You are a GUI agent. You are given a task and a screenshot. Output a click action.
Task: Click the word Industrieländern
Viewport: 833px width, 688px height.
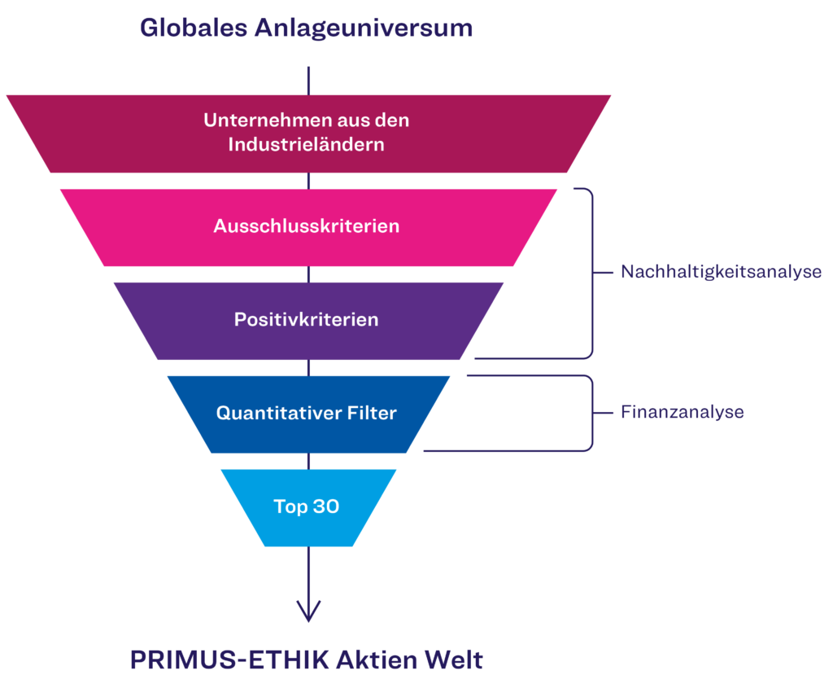coord(306,145)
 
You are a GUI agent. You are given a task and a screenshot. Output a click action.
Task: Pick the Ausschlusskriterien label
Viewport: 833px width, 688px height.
coord(306,226)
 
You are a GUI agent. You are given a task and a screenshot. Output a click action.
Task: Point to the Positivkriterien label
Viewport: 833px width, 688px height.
coord(306,319)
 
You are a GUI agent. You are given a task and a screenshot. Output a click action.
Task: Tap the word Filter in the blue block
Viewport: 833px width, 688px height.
coord(372,413)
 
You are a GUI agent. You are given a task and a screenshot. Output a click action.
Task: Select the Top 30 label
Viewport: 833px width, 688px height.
coord(306,506)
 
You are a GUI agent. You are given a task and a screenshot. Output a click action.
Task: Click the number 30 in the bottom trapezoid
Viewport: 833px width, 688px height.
coord(325,506)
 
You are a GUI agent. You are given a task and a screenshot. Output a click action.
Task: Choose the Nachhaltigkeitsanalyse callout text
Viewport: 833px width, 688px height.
coord(721,272)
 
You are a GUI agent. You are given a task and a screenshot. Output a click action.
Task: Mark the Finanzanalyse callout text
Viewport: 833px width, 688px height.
coord(682,412)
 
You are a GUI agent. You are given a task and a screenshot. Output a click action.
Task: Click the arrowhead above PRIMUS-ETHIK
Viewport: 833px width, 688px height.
coord(308,611)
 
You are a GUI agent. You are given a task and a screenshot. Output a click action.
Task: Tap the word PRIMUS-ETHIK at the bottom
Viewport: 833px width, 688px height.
coord(229,660)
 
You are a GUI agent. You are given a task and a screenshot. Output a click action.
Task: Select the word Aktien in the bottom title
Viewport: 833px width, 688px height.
coord(373,660)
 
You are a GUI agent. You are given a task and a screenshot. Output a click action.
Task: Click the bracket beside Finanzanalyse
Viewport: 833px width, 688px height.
coord(591,412)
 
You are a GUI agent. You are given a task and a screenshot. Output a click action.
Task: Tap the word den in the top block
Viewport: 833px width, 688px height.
coord(393,121)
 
